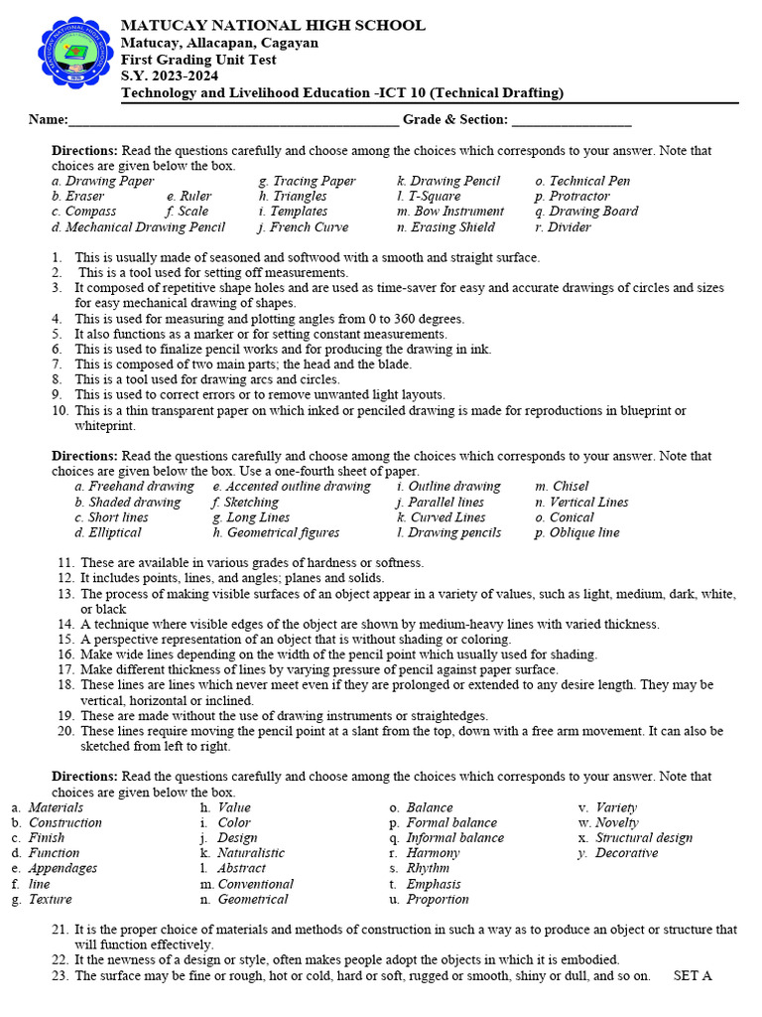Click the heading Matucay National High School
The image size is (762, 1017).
coord(273,26)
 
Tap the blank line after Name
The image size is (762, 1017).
coord(233,122)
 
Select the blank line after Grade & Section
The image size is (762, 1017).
coord(571,122)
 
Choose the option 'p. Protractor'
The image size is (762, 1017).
coord(572,197)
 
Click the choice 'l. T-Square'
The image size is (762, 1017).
coord(429,197)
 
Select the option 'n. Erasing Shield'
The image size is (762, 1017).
coord(445,227)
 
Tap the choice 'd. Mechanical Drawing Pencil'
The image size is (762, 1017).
coord(138,227)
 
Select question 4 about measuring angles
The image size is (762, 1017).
coord(255,319)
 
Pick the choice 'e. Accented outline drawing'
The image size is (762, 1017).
coord(292,487)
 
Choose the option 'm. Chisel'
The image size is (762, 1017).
coord(562,487)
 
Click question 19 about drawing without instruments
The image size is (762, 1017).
coord(284,715)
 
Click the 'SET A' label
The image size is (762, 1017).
coord(693,975)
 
